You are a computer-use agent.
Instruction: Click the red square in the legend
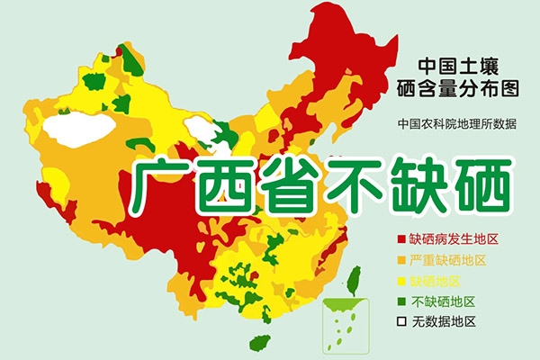click(400, 240)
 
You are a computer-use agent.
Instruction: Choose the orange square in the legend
click(400, 261)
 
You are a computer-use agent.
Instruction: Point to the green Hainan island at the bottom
click(260, 343)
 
